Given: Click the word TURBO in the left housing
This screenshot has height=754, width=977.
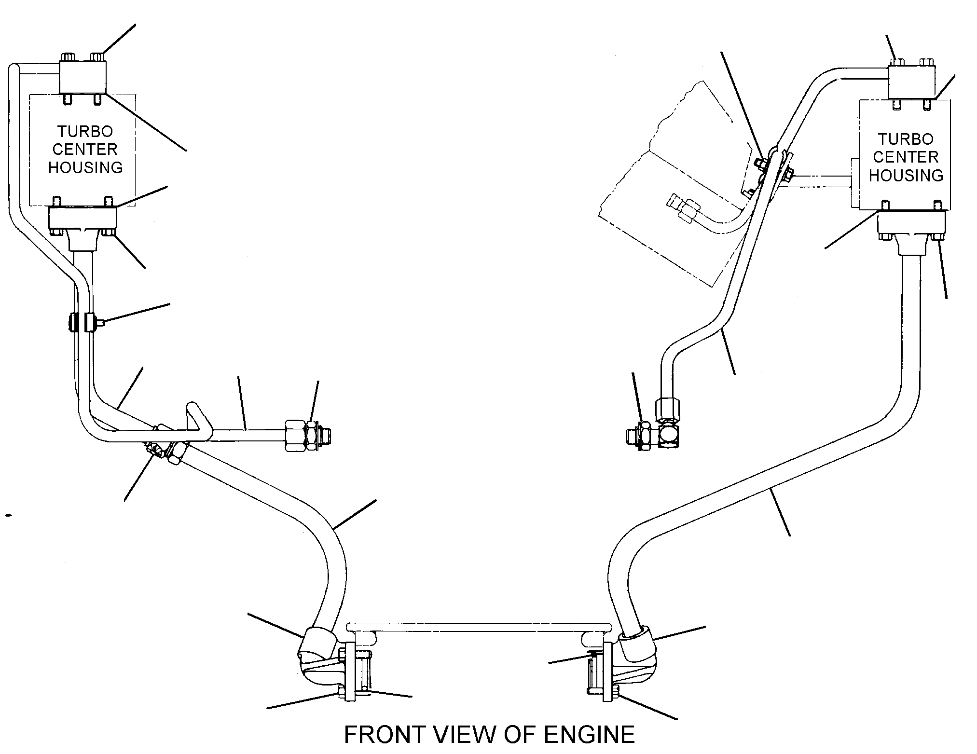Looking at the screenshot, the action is point(85,131).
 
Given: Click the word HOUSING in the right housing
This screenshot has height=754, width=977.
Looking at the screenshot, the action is point(906,175).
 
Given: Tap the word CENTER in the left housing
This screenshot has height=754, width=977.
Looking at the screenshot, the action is point(85,149).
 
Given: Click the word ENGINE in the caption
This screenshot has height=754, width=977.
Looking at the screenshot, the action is point(589,735).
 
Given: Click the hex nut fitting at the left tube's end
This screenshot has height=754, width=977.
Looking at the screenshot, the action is point(307,436).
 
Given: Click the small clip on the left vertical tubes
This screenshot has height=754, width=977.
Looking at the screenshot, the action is point(86,322).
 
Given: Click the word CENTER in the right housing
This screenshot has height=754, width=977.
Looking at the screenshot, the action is point(906,157).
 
